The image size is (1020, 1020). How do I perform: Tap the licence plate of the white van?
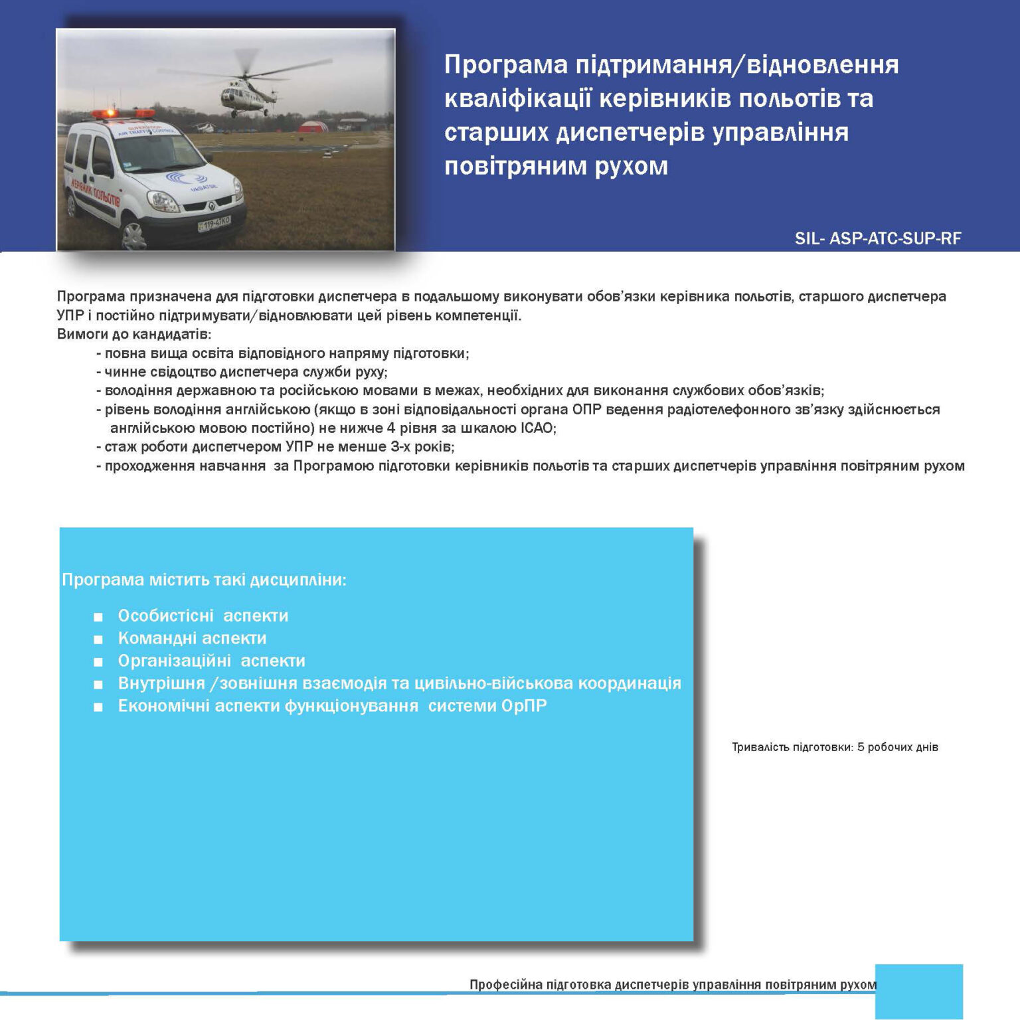pos(214,224)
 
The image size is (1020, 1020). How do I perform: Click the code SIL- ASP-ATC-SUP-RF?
pos(877,238)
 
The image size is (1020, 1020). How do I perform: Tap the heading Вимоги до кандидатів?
pos(133,334)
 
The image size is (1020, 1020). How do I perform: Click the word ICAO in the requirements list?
pos(537,428)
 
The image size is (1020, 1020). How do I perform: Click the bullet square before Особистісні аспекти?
pos(98,617)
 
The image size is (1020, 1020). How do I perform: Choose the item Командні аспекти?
pos(192,638)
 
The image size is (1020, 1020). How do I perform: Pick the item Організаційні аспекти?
pos(211,661)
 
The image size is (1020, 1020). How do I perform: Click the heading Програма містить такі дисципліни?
pos(204,580)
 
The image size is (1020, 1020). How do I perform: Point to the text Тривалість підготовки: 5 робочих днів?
pos(835,747)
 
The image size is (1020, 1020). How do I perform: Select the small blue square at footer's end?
pos(918,991)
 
